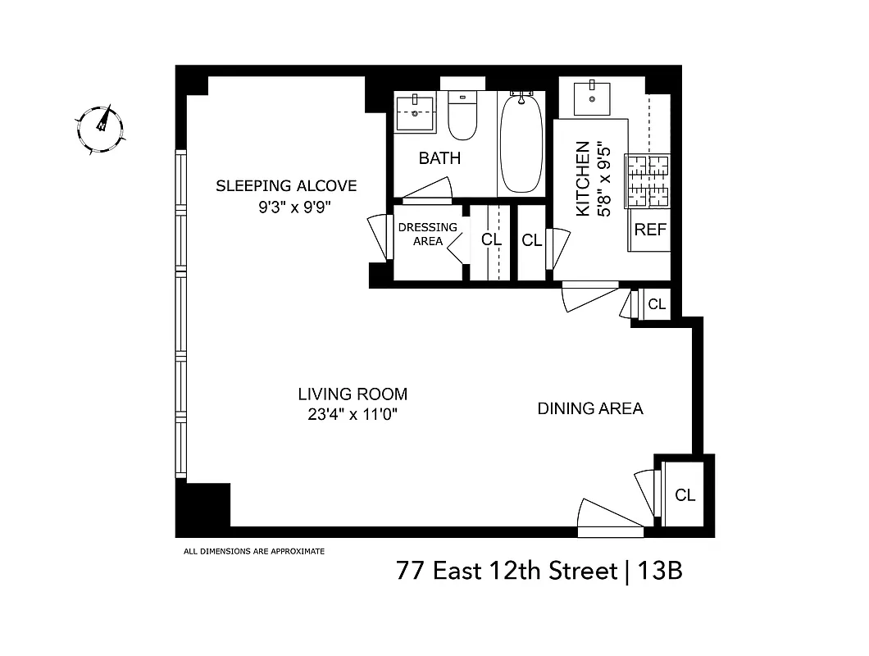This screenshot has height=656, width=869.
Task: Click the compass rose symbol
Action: pyautogui.click(x=101, y=129)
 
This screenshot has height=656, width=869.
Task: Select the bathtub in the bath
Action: pyautogui.click(x=520, y=143)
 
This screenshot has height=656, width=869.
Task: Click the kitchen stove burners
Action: pyautogui.click(x=648, y=180)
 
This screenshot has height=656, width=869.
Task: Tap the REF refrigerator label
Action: pyautogui.click(x=650, y=230)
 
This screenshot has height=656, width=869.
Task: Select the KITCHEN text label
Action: pyautogui.click(x=583, y=180)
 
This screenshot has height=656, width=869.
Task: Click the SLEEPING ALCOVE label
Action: pyautogui.click(x=286, y=186)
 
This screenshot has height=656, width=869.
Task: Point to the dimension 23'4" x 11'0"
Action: pyautogui.click(x=353, y=415)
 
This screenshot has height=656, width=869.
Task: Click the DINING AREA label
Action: pyautogui.click(x=589, y=408)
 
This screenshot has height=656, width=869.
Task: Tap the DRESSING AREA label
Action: pyautogui.click(x=427, y=234)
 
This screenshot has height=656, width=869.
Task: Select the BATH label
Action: pyautogui.click(x=439, y=158)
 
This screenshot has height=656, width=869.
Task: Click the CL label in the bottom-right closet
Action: pyautogui.click(x=685, y=495)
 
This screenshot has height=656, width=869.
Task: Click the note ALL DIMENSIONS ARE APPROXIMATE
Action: pyautogui.click(x=253, y=551)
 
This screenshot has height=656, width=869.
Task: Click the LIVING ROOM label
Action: pyautogui.click(x=353, y=394)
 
